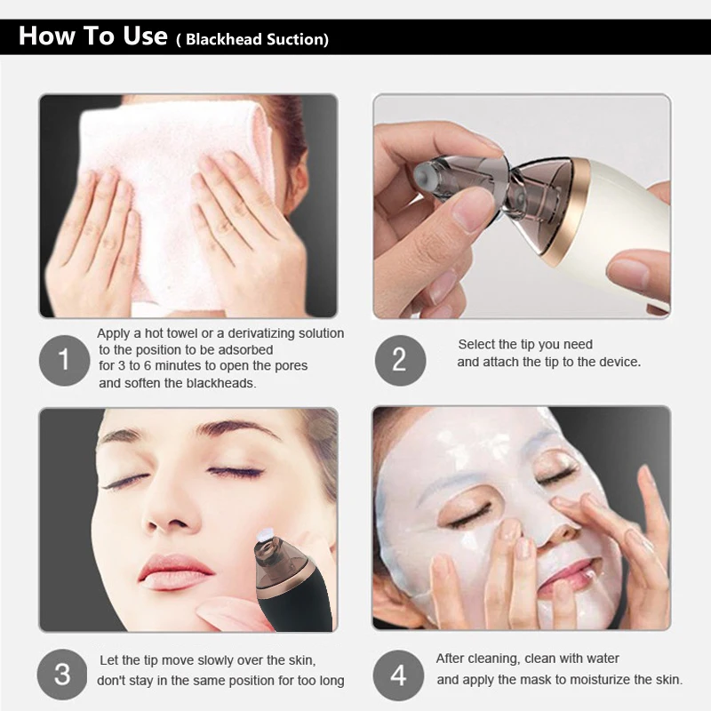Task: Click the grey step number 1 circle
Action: (x=64, y=361)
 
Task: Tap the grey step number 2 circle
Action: (x=400, y=361)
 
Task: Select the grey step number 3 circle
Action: (x=62, y=675)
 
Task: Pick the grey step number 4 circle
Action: (x=398, y=675)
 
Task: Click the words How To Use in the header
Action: (x=93, y=36)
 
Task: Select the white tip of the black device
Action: (x=264, y=535)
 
